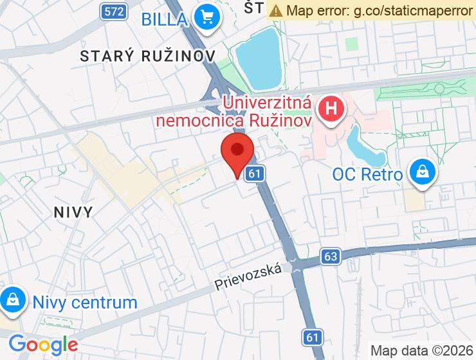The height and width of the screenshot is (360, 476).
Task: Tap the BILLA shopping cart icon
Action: (x=208, y=17)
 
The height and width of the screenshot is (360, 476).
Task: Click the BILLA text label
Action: (x=163, y=18)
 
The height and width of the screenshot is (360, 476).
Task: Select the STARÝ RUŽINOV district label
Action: (x=147, y=56)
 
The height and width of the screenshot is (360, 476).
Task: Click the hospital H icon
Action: (x=332, y=108)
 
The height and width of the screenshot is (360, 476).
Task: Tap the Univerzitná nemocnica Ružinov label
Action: (x=266, y=111)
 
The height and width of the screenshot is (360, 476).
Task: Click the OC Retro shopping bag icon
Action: (x=423, y=173)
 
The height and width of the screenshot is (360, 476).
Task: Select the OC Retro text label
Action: (x=367, y=174)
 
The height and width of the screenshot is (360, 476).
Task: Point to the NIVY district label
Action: (x=73, y=212)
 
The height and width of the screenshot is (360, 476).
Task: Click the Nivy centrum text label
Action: (x=85, y=302)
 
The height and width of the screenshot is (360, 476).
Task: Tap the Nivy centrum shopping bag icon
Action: (x=12, y=300)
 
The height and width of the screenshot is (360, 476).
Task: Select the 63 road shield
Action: (x=331, y=256)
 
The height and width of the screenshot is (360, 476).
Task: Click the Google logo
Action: (x=43, y=345)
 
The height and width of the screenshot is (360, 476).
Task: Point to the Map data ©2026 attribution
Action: (x=421, y=350)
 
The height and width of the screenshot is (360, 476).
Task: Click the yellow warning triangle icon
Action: (x=275, y=10)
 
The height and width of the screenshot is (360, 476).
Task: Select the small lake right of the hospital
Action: (x=365, y=145)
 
